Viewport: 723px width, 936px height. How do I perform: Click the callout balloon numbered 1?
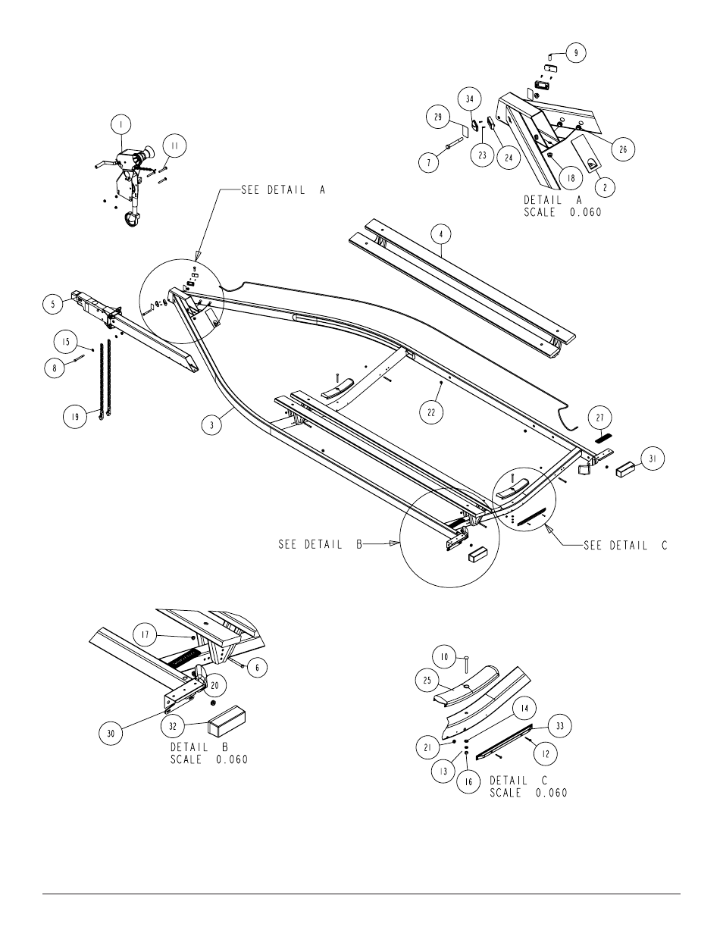point(121,124)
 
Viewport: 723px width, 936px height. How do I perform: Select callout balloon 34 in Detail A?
point(470,99)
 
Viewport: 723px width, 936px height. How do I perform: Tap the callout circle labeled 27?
point(600,418)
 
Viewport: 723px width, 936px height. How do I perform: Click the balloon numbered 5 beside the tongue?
point(53,305)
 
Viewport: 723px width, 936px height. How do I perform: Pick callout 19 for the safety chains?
point(75,417)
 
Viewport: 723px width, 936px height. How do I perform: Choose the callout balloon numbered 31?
point(653,459)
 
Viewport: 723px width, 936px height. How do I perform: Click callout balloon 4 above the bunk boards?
point(440,235)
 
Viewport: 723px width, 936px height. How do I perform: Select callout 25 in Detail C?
point(427,681)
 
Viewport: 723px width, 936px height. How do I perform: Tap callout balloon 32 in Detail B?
point(172,726)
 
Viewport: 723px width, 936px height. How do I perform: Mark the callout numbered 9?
point(576,52)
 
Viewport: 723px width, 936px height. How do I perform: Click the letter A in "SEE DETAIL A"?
point(322,190)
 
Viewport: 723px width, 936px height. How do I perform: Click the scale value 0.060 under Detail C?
point(552,793)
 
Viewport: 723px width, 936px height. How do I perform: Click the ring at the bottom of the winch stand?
point(132,220)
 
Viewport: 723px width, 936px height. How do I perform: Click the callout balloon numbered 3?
point(212,424)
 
